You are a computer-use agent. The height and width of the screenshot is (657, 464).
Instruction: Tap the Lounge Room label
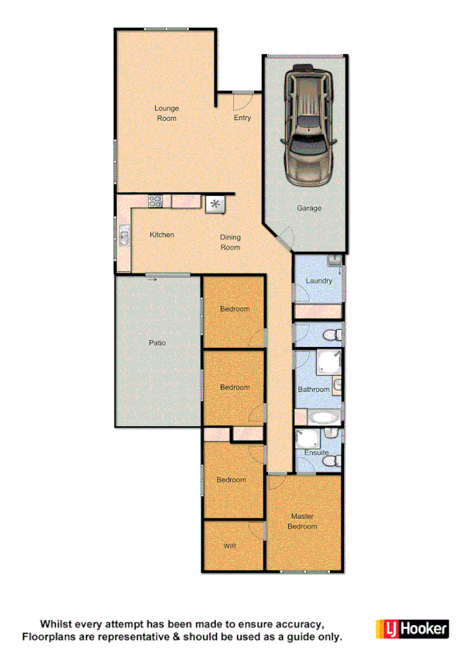(x=166, y=113)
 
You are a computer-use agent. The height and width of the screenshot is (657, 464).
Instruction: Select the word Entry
(x=242, y=118)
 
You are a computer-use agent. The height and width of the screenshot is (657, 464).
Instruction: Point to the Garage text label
(x=309, y=208)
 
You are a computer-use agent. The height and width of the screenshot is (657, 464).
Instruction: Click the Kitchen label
(x=162, y=235)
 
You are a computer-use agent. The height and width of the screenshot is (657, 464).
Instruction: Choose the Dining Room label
(x=230, y=243)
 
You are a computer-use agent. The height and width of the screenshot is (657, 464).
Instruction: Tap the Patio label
(x=157, y=342)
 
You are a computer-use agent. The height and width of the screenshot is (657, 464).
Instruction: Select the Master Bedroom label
(x=303, y=521)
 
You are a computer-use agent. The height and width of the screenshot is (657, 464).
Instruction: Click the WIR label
(x=229, y=546)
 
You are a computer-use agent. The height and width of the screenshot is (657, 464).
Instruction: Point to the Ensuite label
(x=316, y=452)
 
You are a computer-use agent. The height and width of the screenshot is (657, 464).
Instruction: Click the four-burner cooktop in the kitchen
(x=156, y=201)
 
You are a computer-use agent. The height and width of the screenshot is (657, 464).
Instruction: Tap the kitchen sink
(x=124, y=234)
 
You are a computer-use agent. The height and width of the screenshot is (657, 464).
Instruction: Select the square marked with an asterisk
(x=215, y=203)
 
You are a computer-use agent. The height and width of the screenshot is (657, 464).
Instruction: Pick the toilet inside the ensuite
(x=332, y=461)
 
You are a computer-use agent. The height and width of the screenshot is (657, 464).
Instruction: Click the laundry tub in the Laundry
(x=334, y=263)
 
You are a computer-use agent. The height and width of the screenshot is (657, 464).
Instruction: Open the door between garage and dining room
(x=285, y=239)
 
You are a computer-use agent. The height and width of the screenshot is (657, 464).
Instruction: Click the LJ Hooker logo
(x=412, y=628)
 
